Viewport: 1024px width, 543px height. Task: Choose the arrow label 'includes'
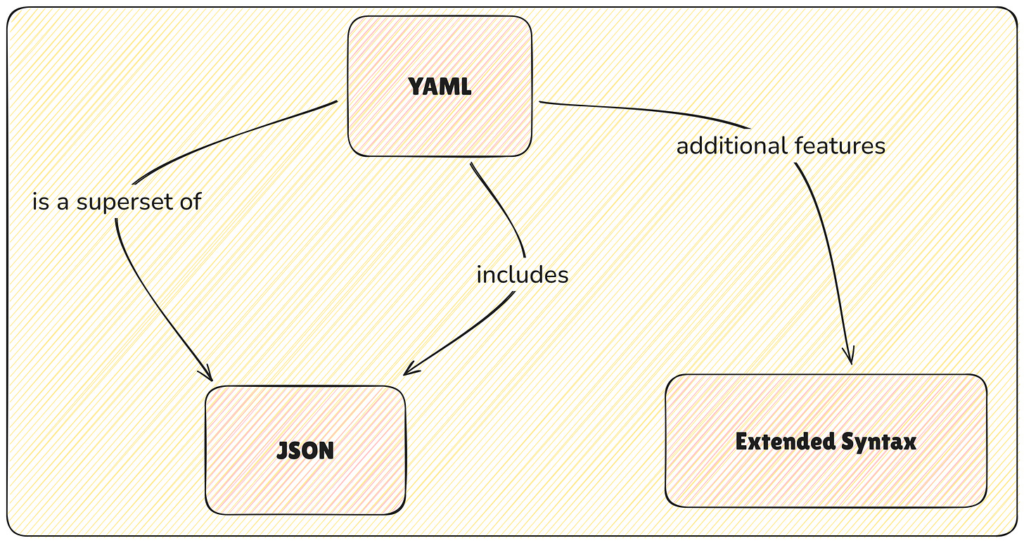[x=522, y=274]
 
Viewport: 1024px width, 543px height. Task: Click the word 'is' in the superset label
[x=41, y=202]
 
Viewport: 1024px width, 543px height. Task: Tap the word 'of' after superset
[x=191, y=202]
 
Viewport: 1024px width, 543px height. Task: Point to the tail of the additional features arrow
[x=541, y=103]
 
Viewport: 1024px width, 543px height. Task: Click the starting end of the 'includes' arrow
[x=472, y=165]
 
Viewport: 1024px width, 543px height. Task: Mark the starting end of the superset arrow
[x=336, y=103]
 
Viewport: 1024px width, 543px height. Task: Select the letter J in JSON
[x=282, y=450]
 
